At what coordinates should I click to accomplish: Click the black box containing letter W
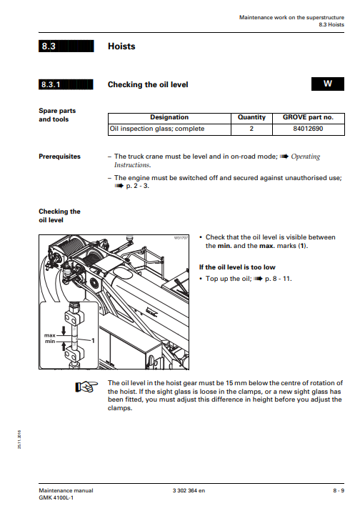pos(327,84)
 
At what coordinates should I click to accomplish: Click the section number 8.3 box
pos(66,46)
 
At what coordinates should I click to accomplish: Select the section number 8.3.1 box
pos(66,84)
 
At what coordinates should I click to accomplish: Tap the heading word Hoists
pos(121,46)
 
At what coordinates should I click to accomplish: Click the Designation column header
pos(169,117)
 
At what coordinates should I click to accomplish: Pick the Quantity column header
pos(251,117)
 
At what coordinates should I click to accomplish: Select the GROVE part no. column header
pos(308,117)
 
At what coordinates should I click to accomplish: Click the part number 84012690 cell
pos(308,129)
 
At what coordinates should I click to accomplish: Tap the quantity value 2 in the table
pos(251,129)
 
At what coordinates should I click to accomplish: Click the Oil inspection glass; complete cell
pos(157,129)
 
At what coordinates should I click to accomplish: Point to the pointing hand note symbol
pos(86,387)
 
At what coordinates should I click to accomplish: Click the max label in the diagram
pos(50,335)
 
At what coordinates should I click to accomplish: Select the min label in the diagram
pos(50,341)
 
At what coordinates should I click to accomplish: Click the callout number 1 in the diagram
pos(93,341)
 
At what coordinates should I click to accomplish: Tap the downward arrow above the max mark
pos(64,329)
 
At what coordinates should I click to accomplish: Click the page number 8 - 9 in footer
pos(339,490)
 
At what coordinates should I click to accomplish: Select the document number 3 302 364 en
pos(189,490)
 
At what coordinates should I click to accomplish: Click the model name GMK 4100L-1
pos(56,497)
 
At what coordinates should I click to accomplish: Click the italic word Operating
pos(306,157)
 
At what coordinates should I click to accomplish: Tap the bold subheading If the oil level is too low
pos(237,267)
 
